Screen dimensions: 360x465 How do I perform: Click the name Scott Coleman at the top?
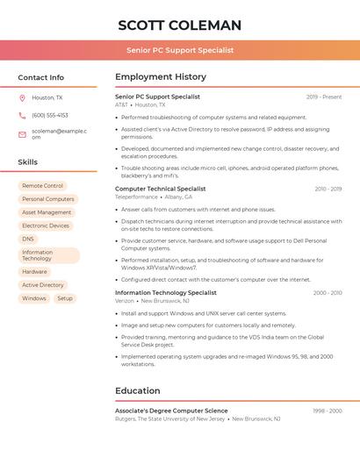(x=179, y=25)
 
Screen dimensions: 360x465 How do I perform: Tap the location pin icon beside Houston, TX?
(x=22, y=98)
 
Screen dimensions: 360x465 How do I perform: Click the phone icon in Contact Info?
(x=22, y=115)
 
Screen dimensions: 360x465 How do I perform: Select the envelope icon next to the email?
(x=22, y=133)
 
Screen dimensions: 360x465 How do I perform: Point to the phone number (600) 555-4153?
(x=50, y=115)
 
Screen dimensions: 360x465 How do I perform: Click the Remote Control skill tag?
(x=42, y=186)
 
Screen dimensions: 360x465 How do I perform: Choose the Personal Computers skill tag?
(x=47, y=199)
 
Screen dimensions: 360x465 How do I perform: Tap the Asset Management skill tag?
(x=47, y=212)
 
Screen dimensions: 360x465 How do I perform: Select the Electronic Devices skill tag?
(x=46, y=225)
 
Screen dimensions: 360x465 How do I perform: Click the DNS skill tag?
(x=28, y=239)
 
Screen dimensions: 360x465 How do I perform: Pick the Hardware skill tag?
(x=34, y=272)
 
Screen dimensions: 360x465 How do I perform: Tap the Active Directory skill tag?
(x=42, y=285)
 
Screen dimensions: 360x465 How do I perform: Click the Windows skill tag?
(x=34, y=298)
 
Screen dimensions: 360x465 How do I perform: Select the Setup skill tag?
(x=65, y=298)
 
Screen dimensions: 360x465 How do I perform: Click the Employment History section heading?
(x=161, y=77)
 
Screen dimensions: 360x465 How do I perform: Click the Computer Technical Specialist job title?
(x=160, y=189)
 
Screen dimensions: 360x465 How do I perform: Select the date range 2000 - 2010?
(x=327, y=293)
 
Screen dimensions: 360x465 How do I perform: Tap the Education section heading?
(x=138, y=390)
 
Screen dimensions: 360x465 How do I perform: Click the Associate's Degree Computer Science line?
(x=171, y=411)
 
